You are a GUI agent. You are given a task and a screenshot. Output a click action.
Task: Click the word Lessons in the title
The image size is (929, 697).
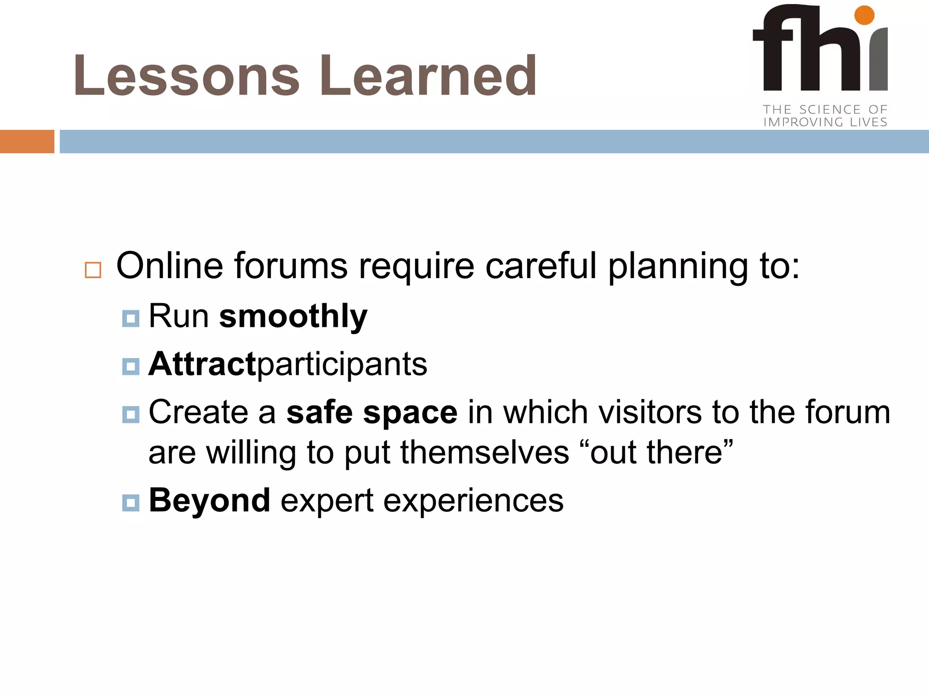pyautogui.click(x=186, y=76)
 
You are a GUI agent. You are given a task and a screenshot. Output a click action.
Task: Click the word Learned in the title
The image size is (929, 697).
pyautogui.click(x=428, y=76)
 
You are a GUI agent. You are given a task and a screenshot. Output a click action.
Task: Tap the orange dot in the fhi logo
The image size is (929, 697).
pyautogui.click(x=864, y=15)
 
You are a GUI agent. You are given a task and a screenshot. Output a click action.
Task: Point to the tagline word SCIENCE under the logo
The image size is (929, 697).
pyautogui.click(x=829, y=109)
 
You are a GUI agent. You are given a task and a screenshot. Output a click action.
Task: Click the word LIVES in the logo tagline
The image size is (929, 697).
pyautogui.click(x=868, y=122)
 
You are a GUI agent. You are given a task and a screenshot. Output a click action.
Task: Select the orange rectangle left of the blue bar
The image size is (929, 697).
pyautogui.click(x=27, y=142)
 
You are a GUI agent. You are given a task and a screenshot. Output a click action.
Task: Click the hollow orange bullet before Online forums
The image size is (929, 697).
pyautogui.click(x=93, y=270)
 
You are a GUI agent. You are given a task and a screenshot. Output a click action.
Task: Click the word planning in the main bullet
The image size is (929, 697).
pyautogui.click(x=678, y=267)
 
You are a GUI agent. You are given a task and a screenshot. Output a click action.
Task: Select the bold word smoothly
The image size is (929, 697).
pyautogui.click(x=293, y=316)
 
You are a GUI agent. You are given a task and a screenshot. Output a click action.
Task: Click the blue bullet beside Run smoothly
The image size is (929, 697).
pyautogui.click(x=131, y=319)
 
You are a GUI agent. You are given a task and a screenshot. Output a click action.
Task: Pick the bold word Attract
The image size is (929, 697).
pyautogui.click(x=202, y=364)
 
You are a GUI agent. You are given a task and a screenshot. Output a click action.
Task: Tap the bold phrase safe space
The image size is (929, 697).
pyautogui.click(x=372, y=412)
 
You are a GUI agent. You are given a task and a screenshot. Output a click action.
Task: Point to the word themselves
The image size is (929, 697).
pyautogui.click(x=484, y=452)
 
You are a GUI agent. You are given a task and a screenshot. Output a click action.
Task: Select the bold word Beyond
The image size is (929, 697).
pyautogui.click(x=210, y=501)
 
